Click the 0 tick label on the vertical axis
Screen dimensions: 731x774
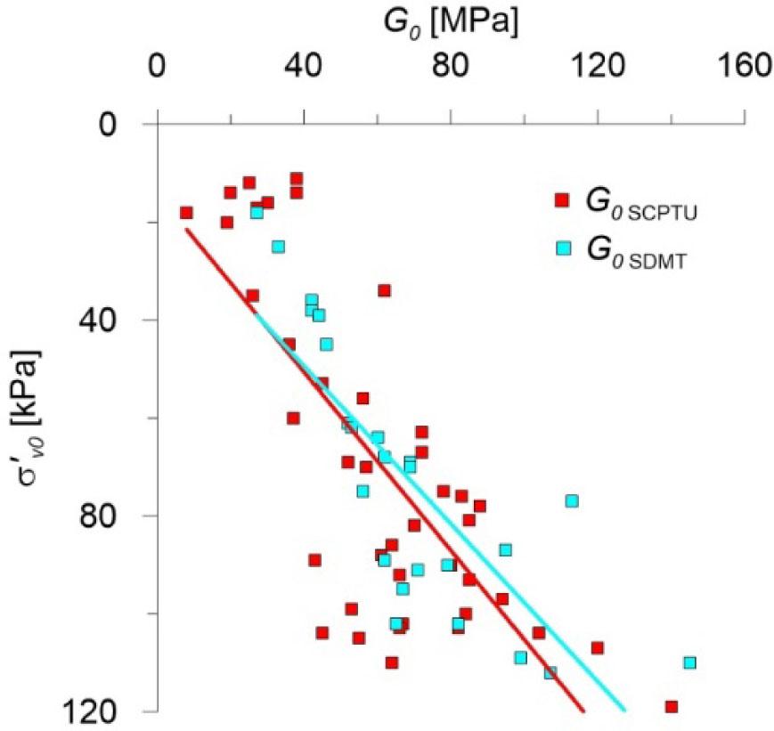pyautogui.click(x=112, y=124)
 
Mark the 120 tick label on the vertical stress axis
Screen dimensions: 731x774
pyautogui.click(x=96, y=711)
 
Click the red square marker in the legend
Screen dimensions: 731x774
pyautogui.click(x=562, y=199)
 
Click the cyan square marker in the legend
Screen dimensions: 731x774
pyautogui.click(x=562, y=249)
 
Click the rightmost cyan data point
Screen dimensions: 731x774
pyautogui.click(x=689, y=662)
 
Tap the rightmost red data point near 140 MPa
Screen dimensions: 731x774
pyautogui.click(x=671, y=706)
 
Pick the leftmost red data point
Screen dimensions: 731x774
pyautogui.click(x=186, y=212)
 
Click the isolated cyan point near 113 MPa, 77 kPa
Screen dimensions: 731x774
pyautogui.click(x=571, y=500)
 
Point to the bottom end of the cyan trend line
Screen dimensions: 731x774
pyautogui.click(x=624, y=711)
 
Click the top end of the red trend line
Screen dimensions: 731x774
pyautogui.click(x=186, y=229)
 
